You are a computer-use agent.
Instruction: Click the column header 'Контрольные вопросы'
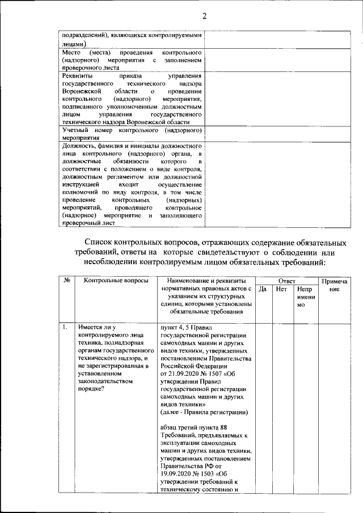pyautogui.click(x=116, y=281)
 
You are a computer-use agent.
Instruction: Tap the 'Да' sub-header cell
pyautogui.click(x=263, y=289)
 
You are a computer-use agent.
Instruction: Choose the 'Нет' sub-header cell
pyautogui.click(x=281, y=289)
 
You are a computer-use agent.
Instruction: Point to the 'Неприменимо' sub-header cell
pyautogui.click(x=305, y=297)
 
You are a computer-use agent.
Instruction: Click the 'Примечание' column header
pyautogui.click(x=334, y=285)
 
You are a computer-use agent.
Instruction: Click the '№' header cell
pyautogui.click(x=67, y=281)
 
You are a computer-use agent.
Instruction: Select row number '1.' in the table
pyautogui.click(x=66, y=327)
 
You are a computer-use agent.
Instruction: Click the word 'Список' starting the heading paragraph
pyautogui.click(x=101, y=243)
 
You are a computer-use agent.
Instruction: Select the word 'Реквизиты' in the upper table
pyautogui.click(x=77, y=74)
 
